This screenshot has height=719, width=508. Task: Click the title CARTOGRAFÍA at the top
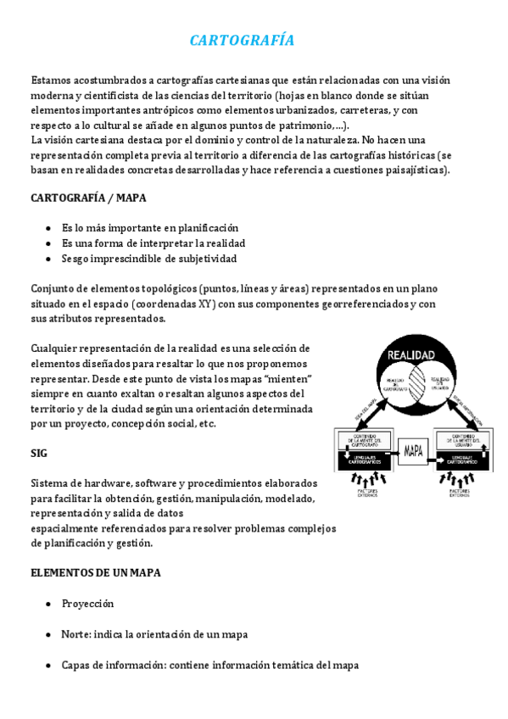point(242,41)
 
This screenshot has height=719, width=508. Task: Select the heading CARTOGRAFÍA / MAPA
point(88,198)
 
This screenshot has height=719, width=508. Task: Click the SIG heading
point(40,454)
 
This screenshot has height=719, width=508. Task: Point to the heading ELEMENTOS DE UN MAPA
point(96,572)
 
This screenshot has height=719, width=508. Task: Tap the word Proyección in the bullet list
point(87,604)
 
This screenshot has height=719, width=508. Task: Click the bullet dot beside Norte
point(47,634)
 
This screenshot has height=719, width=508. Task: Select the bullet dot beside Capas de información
point(47,665)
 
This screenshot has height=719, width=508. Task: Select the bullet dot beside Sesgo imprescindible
point(47,259)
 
